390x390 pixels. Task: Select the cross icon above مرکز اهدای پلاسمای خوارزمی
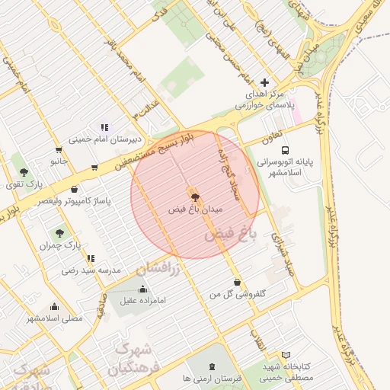(x=264, y=82)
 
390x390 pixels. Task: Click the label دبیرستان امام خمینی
(x=101, y=139)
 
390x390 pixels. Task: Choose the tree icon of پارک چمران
(x=60, y=233)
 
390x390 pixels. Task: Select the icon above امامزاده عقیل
(x=142, y=289)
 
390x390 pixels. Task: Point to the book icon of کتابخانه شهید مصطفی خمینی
(x=286, y=355)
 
